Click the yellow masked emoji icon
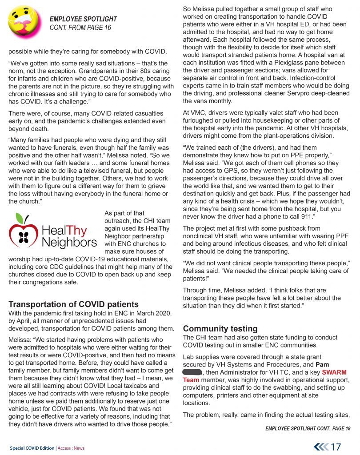[24, 22]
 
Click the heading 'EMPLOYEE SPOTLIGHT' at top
[83, 19]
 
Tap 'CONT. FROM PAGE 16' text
[80, 28]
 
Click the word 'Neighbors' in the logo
[69, 243]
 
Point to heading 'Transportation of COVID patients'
[74, 304]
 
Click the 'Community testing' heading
[220, 329]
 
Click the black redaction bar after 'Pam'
[192, 372]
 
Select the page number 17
[336, 447]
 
